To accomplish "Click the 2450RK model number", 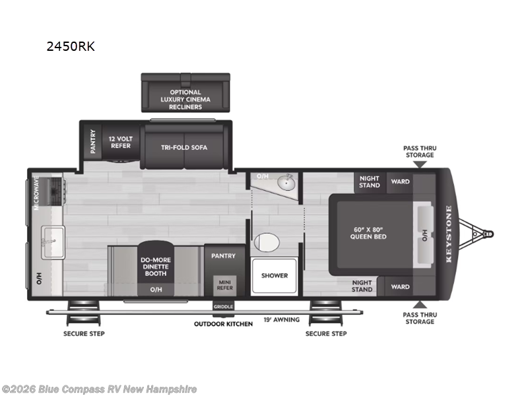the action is [x=71, y=46].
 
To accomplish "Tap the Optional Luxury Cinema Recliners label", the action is [x=185, y=100].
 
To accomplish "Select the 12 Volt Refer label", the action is [x=121, y=142].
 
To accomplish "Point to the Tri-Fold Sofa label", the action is [x=184, y=147].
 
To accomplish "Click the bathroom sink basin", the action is [x=286, y=183].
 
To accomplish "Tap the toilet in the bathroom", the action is [x=267, y=242].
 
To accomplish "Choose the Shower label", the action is [x=275, y=275].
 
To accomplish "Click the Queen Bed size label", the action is [x=368, y=233].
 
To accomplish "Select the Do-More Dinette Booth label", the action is [x=156, y=267].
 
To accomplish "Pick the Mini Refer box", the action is [x=224, y=285].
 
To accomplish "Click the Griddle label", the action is [x=223, y=306].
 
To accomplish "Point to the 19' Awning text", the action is [x=282, y=319].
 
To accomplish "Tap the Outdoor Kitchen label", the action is [x=223, y=324].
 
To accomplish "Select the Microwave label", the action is [x=36, y=193].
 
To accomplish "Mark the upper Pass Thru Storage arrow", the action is [x=420, y=164].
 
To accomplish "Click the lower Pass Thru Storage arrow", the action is [x=420, y=304].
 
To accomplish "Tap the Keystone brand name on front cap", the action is [x=449, y=234].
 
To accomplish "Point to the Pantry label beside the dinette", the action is [x=223, y=256].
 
